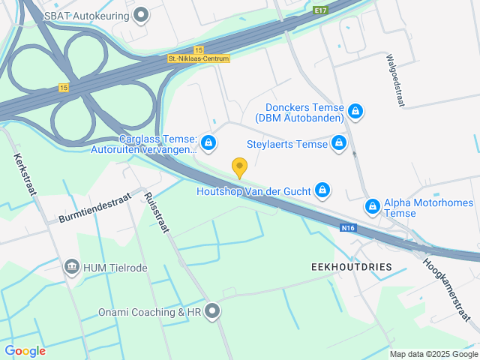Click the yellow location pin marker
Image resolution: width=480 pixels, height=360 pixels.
pos(239,167)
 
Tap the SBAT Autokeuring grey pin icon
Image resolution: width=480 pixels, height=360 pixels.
pos(140,14)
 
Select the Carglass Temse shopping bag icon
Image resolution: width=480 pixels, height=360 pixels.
pos(208,142)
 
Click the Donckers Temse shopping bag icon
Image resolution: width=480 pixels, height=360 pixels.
pos(356,112)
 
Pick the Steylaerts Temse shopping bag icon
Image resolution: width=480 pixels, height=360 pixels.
pos(340,142)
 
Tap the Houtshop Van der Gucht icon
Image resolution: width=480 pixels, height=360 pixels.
pos(322,190)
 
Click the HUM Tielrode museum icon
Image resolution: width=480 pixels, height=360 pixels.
pos(72,267)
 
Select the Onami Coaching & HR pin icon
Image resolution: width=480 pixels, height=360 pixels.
pos(212,310)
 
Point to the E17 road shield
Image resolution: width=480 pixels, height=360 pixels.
pos(321,10)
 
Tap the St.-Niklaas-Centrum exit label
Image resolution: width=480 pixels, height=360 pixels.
pos(199,58)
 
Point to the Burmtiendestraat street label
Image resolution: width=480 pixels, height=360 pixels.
pos(94,208)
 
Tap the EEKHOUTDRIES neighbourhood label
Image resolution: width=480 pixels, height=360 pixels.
pos(351,267)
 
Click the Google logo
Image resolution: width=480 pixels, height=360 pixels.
pos(25,350)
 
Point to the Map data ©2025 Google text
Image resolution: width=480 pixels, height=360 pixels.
pos(433,354)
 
